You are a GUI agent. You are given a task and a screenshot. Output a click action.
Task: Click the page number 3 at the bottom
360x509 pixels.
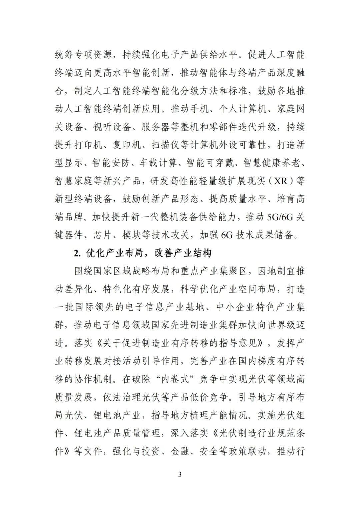click(180, 474)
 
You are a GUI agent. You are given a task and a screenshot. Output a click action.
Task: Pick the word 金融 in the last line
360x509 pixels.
click(180, 451)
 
